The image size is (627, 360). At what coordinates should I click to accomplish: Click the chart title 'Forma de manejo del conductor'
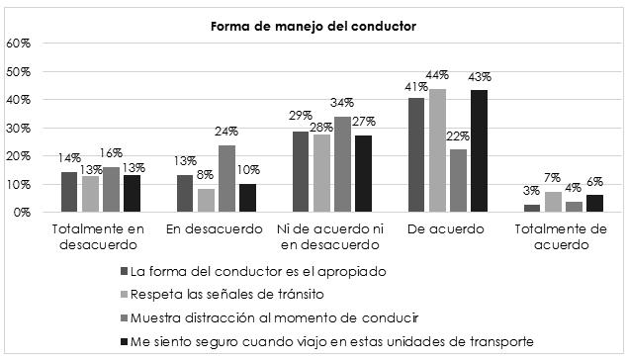(x=313, y=26)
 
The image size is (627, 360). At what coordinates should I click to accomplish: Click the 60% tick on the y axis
(x=19, y=44)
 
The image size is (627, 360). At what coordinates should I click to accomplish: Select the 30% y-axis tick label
(x=19, y=129)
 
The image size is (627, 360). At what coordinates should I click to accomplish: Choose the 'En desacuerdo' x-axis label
(x=209, y=229)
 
